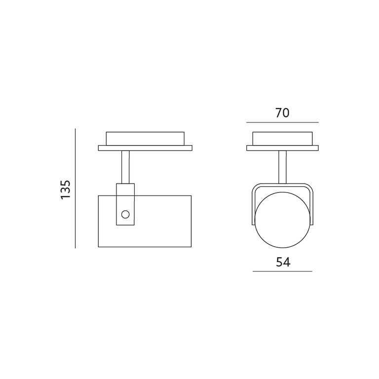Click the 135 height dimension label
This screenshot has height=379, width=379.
pyautogui.click(x=65, y=189)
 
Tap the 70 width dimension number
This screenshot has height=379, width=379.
pyautogui.click(x=282, y=113)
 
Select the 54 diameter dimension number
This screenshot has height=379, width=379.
pyautogui.click(x=283, y=262)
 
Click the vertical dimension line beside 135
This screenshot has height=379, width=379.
pyautogui.click(x=75, y=189)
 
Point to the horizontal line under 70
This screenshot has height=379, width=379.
pyautogui.click(x=282, y=122)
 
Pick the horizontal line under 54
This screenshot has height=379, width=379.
pyautogui.click(x=282, y=271)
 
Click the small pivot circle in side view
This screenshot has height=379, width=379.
pyautogui.click(x=125, y=214)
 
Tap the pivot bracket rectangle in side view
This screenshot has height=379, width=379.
pyautogui.click(x=125, y=204)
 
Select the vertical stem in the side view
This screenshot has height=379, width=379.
pyautogui.click(x=125, y=167)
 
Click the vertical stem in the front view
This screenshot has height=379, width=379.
pyautogui.click(x=282, y=167)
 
